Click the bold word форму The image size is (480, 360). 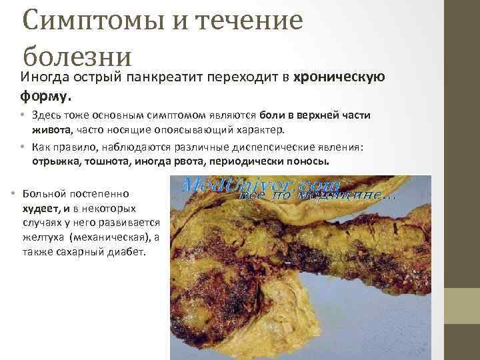[x=45, y=97]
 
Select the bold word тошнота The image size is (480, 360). [x=109, y=161]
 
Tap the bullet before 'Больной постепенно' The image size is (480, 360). [x=13, y=193]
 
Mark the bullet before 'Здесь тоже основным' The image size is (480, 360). [x=22, y=115]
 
